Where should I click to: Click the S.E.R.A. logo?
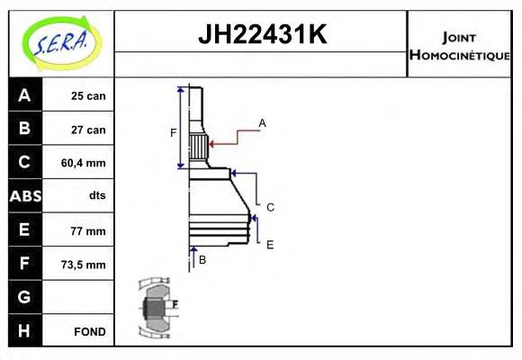click(x=59, y=42)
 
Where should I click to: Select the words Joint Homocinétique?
click(x=459, y=45)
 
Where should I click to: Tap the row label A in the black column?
click(x=24, y=95)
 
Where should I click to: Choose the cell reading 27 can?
click(x=88, y=130)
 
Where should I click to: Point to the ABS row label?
click(x=24, y=196)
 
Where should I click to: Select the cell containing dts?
click(x=96, y=196)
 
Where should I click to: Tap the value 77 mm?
click(x=88, y=230)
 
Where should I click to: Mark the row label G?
click(x=24, y=297)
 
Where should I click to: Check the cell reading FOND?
click(x=90, y=331)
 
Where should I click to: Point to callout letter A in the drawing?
click(x=262, y=122)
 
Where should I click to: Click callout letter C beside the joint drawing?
click(x=270, y=207)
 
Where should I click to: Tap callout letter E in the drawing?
click(x=270, y=244)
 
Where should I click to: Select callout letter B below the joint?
click(x=202, y=259)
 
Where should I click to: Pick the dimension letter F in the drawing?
click(x=174, y=133)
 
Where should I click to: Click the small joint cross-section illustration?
click(x=158, y=309)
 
